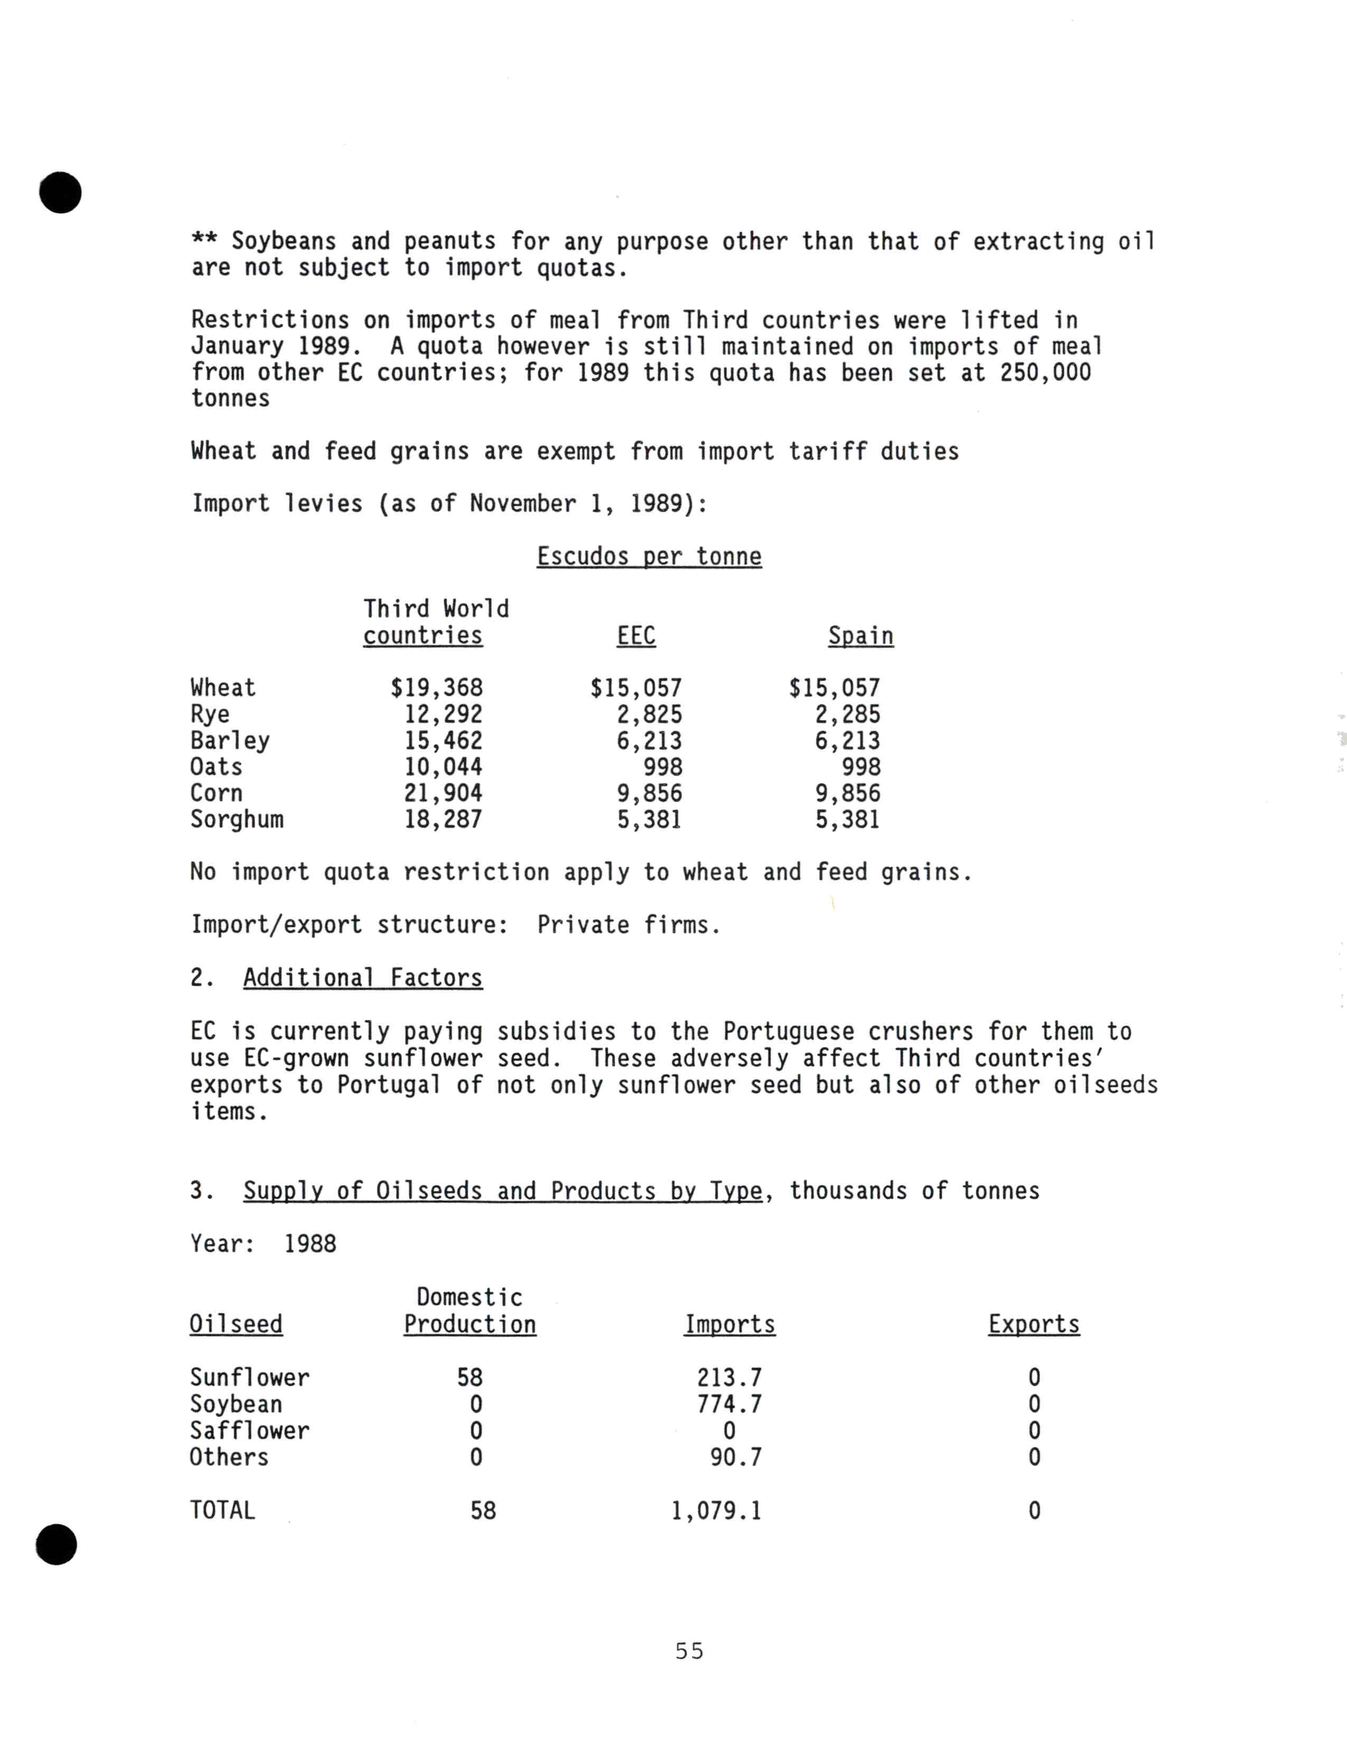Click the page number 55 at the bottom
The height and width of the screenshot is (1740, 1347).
point(689,1651)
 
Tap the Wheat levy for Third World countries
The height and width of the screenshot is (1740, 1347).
point(436,688)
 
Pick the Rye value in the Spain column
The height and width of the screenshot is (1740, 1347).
point(847,714)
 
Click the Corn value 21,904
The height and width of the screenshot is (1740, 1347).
point(443,793)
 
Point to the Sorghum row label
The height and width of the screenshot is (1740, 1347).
point(237,819)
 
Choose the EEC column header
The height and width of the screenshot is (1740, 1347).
point(635,636)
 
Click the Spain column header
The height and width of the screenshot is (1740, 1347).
point(860,636)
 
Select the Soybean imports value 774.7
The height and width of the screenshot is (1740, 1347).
point(729,1404)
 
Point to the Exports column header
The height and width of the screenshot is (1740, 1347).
point(1033,1324)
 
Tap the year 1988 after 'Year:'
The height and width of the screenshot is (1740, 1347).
point(310,1243)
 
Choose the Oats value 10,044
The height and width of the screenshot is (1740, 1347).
point(443,766)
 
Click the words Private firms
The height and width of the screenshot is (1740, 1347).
point(629,925)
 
